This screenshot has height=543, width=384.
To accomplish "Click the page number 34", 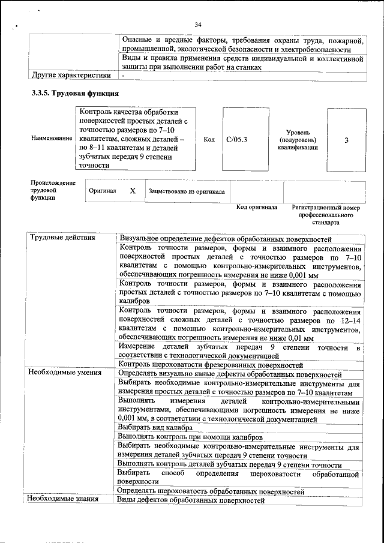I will point(199,24).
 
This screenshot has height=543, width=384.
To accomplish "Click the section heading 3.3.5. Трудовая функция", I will point(75,94).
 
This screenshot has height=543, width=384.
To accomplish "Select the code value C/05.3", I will point(237,140).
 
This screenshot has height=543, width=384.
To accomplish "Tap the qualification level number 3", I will point(346,140).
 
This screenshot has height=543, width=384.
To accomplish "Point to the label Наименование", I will point(49,139).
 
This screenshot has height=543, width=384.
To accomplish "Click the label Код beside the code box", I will point(209,140).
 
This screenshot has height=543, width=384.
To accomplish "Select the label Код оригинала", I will point(257,207).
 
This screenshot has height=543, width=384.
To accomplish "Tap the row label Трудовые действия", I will point(62,238).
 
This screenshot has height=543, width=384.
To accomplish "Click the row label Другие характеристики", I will point(71,76).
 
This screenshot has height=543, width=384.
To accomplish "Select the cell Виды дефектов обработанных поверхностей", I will point(190,499).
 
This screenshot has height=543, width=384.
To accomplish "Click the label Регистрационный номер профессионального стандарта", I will point(326,214).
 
